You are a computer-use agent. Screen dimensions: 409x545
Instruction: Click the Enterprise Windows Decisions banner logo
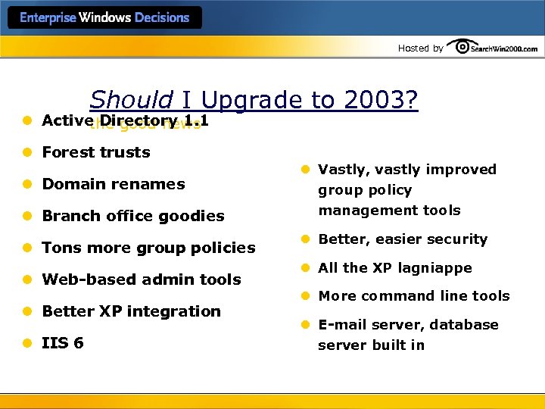point(104,17)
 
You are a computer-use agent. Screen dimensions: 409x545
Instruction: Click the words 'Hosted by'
point(420,48)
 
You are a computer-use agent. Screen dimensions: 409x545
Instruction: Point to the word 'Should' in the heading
point(131,101)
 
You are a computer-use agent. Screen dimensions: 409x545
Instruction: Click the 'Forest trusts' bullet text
point(96,152)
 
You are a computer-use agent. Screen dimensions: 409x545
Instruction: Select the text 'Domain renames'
point(114,184)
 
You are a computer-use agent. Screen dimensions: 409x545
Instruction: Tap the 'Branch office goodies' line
point(133,216)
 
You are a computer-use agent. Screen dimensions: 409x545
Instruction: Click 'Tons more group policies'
point(148,248)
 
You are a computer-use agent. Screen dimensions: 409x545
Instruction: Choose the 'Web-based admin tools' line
point(142,279)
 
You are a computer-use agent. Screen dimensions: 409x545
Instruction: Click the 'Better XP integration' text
point(132,311)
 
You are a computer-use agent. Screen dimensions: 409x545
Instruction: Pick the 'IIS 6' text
point(63,343)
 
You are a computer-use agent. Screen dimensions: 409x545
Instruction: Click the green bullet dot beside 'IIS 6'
point(26,343)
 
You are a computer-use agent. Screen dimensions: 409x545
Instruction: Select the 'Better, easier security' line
point(403,239)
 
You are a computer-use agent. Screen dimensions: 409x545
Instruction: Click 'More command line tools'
point(414,296)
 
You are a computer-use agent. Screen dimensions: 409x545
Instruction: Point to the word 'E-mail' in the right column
point(338,325)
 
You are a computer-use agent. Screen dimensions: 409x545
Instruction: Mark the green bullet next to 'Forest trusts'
point(26,152)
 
